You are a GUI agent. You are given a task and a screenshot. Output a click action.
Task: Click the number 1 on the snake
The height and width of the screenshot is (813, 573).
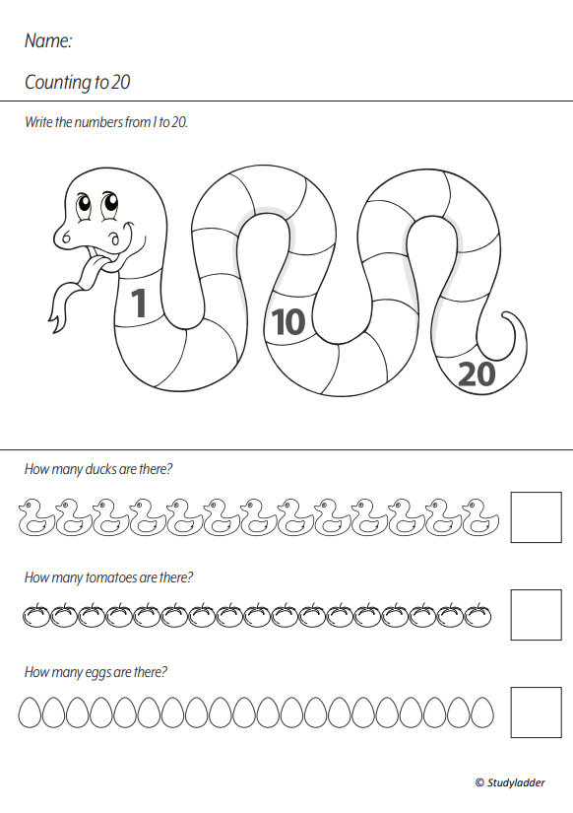tap(139, 303)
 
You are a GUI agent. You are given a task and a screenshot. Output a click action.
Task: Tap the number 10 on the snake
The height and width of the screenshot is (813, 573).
tap(288, 321)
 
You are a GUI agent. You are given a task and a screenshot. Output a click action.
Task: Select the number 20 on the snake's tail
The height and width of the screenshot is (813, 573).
tap(477, 374)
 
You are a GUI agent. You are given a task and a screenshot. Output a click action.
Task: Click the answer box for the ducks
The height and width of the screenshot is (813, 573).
tap(537, 517)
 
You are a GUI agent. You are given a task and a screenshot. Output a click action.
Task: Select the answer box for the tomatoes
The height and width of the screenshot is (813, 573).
tap(537, 614)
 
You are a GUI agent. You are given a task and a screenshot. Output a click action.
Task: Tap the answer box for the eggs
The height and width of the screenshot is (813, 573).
tap(537, 711)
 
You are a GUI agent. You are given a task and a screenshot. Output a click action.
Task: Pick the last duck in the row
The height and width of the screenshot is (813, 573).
tap(480, 517)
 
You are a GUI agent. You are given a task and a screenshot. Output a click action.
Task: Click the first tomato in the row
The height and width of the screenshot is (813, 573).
tap(35, 615)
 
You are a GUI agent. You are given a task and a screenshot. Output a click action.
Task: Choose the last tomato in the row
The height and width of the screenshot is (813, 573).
tap(478, 615)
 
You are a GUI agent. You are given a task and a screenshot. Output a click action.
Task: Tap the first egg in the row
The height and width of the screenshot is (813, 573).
tap(30, 711)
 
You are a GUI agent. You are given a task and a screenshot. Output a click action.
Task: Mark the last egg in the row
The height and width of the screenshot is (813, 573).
tap(482, 711)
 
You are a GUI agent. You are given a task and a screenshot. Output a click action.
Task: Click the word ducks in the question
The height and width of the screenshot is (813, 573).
tap(100, 469)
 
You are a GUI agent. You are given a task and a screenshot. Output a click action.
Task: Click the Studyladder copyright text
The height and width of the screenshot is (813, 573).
tap(510, 782)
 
